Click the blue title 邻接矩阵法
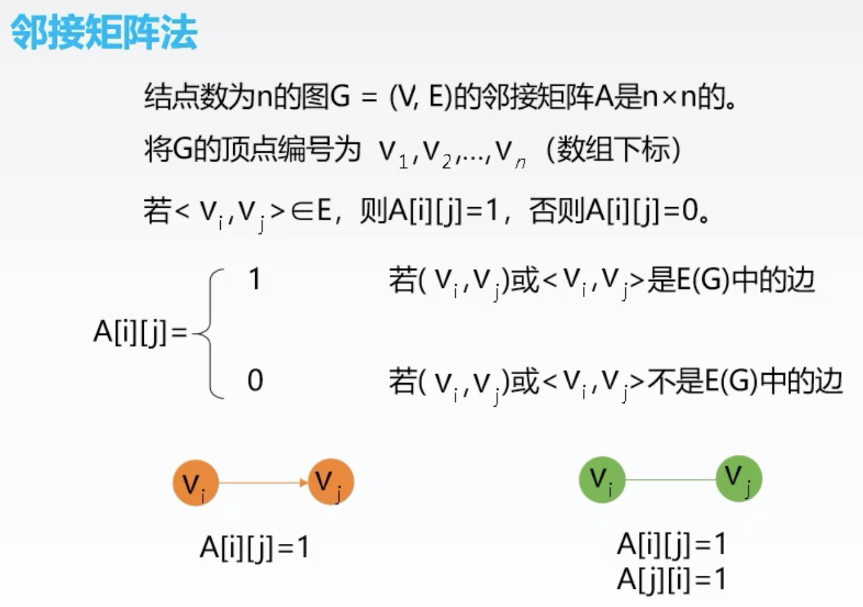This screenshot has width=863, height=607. click(x=104, y=32)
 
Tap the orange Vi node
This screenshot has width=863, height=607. click(x=195, y=482)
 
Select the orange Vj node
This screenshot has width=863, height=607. click(x=331, y=482)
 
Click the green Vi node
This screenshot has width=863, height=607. click(x=602, y=479)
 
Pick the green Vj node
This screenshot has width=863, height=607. click(x=739, y=479)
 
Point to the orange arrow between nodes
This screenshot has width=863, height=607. click(x=263, y=482)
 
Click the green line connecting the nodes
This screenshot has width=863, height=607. click(x=670, y=480)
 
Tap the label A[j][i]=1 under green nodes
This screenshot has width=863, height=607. click(x=671, y=579)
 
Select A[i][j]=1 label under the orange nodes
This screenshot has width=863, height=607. click(x=254, y=548)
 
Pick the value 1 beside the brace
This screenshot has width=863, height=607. click(x=255, y=279)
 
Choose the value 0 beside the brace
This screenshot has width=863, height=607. click(x=255, y=380)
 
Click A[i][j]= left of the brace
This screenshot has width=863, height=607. click(x=140, y=332)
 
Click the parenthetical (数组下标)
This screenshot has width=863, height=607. click(x=613, y=150)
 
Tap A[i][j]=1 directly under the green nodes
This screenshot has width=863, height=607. click(x=671, y=544)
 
